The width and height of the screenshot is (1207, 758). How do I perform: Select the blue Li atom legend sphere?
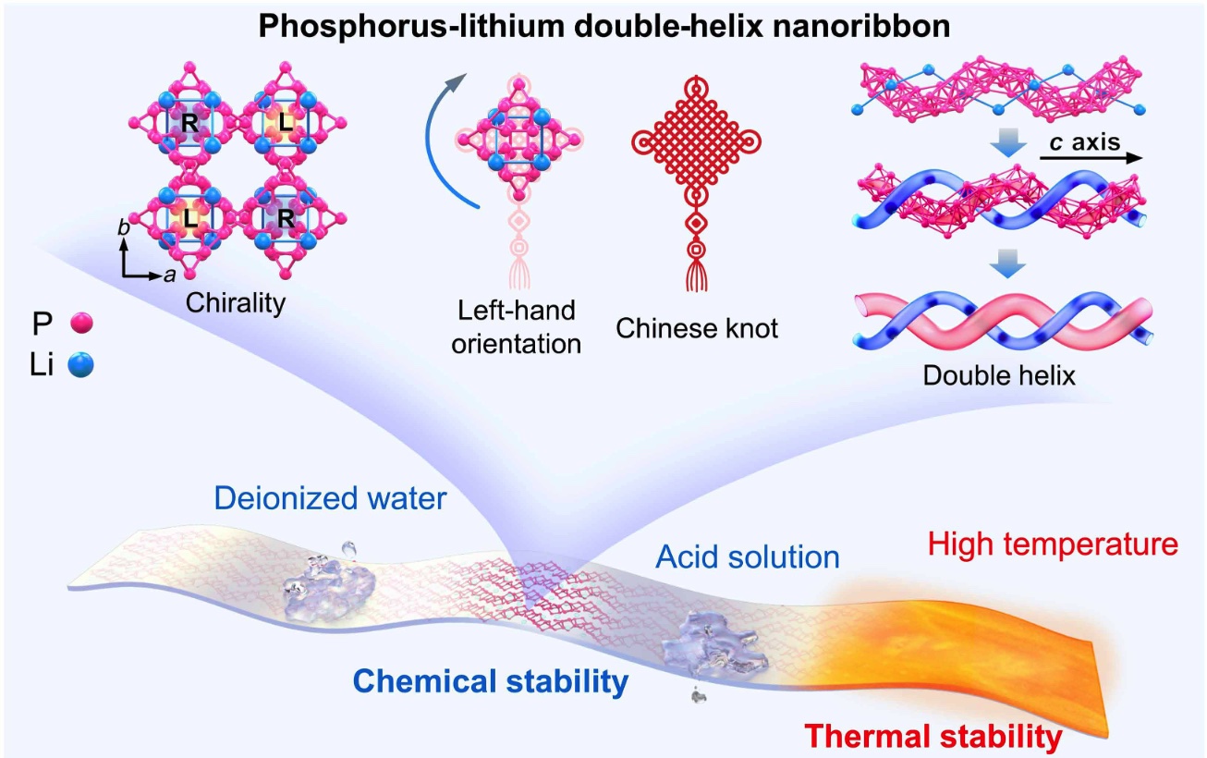point(80,363)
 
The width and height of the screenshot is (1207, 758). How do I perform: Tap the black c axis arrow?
point(1091,158)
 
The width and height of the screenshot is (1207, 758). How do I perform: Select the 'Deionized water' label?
point(330,499)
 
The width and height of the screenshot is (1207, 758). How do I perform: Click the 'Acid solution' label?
point(747,557)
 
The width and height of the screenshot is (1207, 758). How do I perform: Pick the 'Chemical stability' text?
point(491,682)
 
